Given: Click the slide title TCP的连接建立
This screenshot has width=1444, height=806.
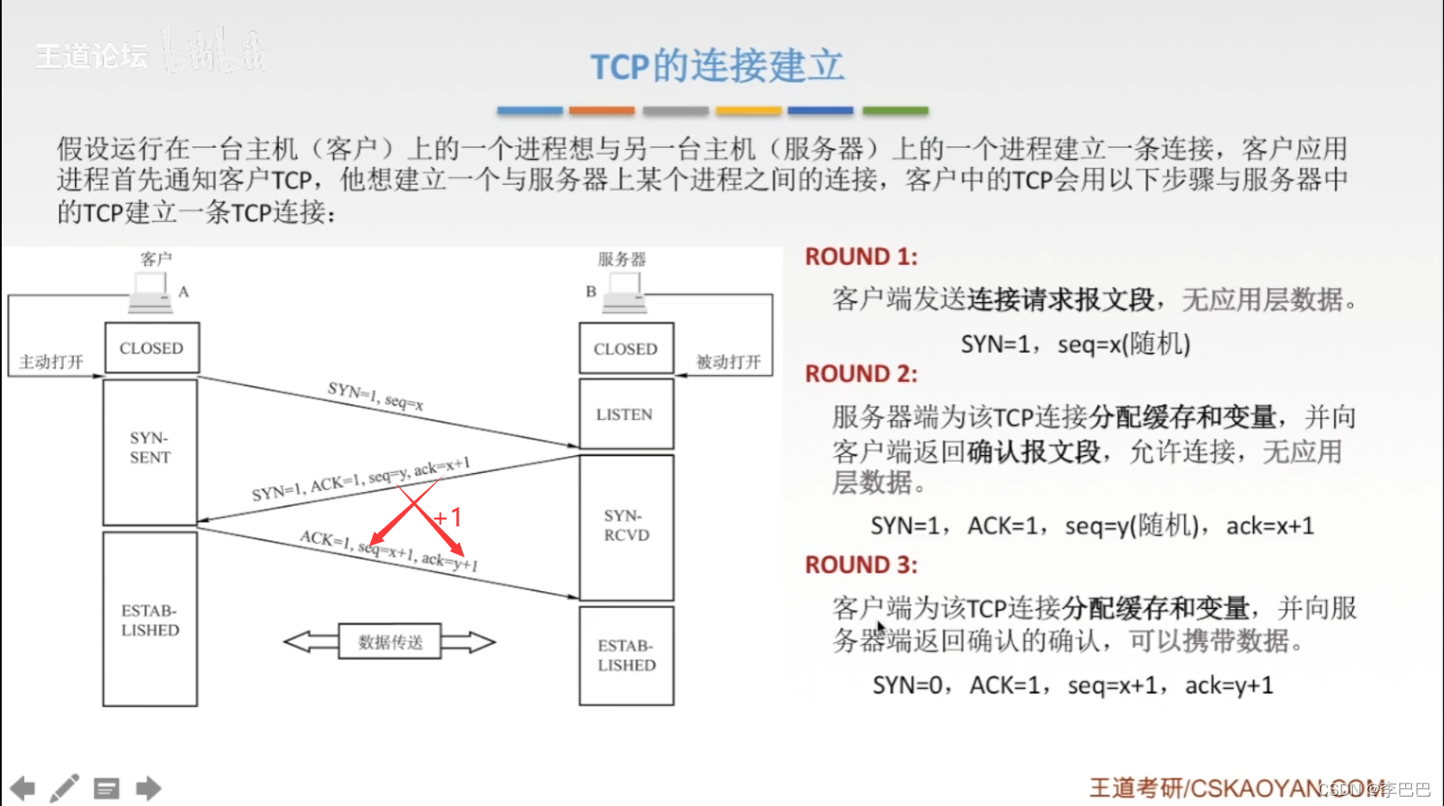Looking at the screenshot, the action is pos(717,65).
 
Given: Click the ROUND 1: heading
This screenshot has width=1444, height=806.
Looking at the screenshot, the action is pos(861,256).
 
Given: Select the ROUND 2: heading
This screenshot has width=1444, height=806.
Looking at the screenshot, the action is pos(861,373).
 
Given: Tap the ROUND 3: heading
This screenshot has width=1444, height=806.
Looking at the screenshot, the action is pos(861,564).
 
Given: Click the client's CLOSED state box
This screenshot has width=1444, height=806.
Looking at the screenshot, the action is pos(151,348).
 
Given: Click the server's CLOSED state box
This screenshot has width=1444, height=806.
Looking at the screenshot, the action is pos(626,348).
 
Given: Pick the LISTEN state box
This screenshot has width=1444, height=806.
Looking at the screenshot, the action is pos(625,415).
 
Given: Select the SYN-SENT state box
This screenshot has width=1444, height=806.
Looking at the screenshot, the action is pos(151,448).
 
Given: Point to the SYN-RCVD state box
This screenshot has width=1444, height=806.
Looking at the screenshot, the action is pos(626,526).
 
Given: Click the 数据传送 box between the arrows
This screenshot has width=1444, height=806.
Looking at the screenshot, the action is pos(390,642).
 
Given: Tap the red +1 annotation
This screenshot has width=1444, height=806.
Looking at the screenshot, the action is pos(448,517).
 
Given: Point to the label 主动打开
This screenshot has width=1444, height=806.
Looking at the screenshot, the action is pos(51,362).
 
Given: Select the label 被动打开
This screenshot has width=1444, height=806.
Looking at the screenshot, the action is pos(728,362).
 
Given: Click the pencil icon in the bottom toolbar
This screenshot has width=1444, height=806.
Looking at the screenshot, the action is pos(65,788).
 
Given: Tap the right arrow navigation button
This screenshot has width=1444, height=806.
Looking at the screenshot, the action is pos(149,788).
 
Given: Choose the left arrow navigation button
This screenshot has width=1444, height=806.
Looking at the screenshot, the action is pos(22,788).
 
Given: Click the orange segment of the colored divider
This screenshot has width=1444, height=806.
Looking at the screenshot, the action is pos(602,111).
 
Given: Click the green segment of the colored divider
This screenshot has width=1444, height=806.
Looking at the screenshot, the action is pos(895,111).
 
